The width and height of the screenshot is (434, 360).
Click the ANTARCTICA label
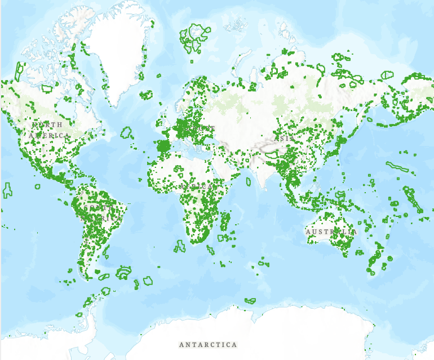(208, 344)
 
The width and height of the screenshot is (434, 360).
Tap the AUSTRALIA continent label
(331, 232)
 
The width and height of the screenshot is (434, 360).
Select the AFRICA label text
(197, 186)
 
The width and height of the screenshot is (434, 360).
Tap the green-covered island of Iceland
(147, 95)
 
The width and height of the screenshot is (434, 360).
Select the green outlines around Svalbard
(194, 37)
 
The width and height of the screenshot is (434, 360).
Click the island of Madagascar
(225, 220)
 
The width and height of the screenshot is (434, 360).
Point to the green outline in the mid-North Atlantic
(127, 133)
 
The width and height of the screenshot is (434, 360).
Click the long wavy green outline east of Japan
(397, 167)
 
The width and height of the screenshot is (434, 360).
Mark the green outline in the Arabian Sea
(248, 182)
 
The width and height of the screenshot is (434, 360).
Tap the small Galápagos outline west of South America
(38, 186)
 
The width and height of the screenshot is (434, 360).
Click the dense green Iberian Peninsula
(163, 146)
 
